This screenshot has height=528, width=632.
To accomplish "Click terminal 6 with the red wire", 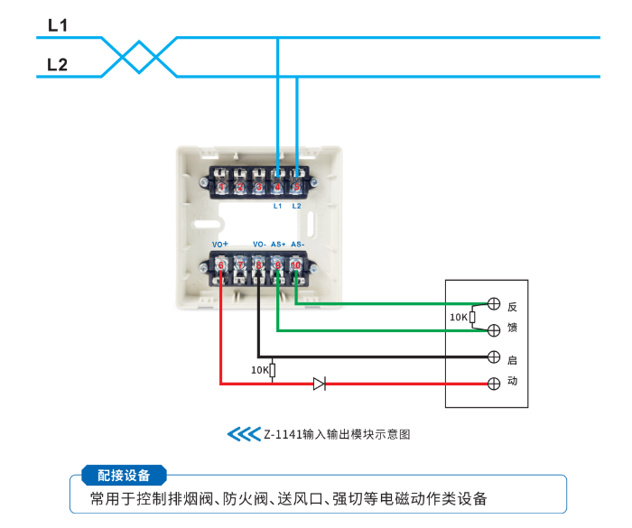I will pyautogui.click(x=221, y=264).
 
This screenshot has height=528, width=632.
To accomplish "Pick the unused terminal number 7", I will pyautogui.click(x=240, y=264).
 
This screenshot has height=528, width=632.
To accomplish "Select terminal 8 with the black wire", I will pyautogui.click(x=258, y=264).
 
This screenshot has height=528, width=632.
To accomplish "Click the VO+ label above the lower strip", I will pyautogui.click(x=220, y=245).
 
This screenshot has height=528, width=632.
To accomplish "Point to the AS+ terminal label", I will pyautogui.click(x=278, y=245).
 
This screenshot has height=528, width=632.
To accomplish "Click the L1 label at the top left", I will pyautogui.click(x=57, y=26).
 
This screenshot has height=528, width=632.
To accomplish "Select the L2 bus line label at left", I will pyautogui.click(x=57, y=65).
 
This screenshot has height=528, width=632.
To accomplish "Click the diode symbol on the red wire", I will pyautogui.click(x=319, y=384).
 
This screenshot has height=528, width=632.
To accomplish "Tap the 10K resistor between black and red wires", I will pyautogui.click(x=274, y=370).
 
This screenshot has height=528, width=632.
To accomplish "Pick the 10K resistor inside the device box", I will pyautogui.click(x=472, y=318).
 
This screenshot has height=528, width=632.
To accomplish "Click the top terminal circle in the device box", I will pyautogui.click(x=494, y=304).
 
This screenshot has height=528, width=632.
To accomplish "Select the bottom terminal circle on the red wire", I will pyautogui.click(x=494, y=384).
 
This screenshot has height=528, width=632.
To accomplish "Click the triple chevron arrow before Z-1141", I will pyautogui.click(x=243, y=434).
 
